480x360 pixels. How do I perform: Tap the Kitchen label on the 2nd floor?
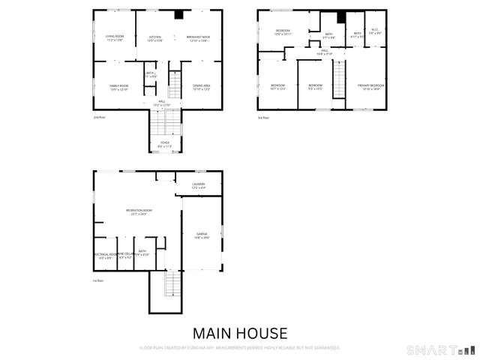point(155,37)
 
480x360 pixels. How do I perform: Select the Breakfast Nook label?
point(197,37)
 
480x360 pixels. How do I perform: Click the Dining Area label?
point(201,86)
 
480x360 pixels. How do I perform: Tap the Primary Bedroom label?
point(370,86)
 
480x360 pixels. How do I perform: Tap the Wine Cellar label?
point(124,254)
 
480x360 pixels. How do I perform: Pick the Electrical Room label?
point(106,254)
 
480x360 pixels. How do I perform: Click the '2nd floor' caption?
point(99,118)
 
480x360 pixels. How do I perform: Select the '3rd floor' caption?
point(263,118)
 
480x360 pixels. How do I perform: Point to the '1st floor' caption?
point(98,280)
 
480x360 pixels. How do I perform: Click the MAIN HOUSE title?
point(239,332)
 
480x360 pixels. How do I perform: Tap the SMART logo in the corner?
point(440,349)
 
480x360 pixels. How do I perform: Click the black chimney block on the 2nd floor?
point(178,14)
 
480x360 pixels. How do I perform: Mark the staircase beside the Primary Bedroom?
point(339,79)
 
